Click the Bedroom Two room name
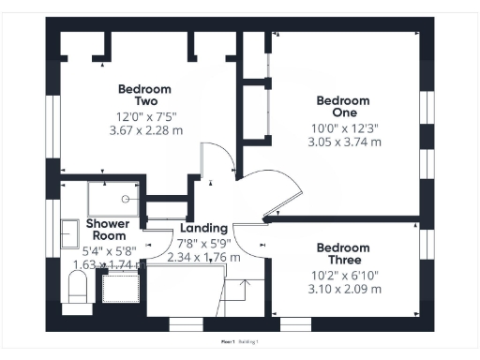point(137,95)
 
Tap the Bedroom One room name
point(343,106)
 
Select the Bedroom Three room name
point(343,253)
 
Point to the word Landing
point(203,228)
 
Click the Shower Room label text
point(108,230)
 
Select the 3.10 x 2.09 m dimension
point(344,290)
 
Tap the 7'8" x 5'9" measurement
point(203,243)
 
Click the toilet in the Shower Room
point(75,291)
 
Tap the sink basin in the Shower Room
point(69,232)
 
